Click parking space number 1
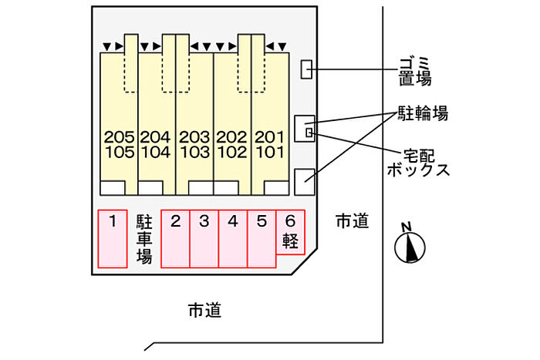(113, 239)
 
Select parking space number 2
(175, 239)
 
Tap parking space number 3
(204, 239)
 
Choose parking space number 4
(233, 239)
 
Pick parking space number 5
(262, 239)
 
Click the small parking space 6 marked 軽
(290, 232)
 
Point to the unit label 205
(119, 137)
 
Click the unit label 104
(156, 151)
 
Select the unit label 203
(194, 137)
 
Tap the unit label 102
(231, 151)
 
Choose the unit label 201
(269, 137)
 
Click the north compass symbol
(410, 245)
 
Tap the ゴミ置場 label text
(414, 69)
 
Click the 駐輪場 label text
(422, 115)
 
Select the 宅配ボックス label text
(418, 162)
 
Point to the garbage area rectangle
(306, 69)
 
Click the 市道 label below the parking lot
(204, 311)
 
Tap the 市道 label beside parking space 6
(351, 221)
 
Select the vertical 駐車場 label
(143, 239)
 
